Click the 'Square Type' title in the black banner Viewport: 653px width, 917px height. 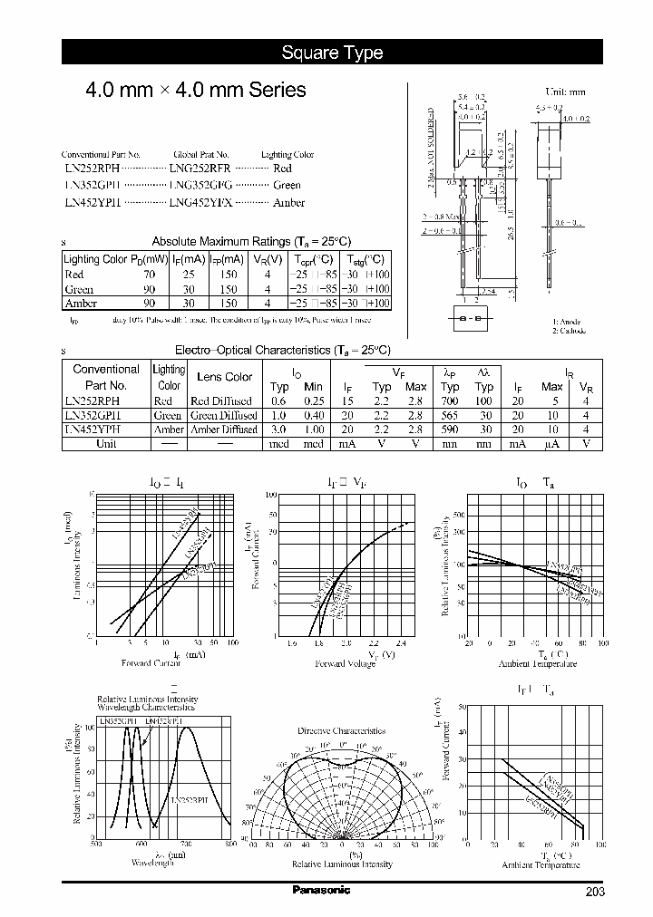[x=332, y=53]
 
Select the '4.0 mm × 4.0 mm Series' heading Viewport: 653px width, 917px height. [x=195, y=91]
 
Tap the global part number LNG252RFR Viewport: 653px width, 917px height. [x=200, y=168]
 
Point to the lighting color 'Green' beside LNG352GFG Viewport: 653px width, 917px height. [x=287, y=186]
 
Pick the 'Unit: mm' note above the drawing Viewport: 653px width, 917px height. [x=565, y=92]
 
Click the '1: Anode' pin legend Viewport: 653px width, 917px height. [x=570, y=322]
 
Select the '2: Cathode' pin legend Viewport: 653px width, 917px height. [x=571, y=332]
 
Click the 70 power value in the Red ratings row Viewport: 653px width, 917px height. [x=150, y=275]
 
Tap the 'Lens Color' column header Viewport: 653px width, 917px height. [x=224, y=377]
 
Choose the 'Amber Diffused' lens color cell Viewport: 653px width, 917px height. [x=224, y=430]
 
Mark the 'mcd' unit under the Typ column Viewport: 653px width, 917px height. [x=279, y=445]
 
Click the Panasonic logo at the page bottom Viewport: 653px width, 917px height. [x=320, y=890]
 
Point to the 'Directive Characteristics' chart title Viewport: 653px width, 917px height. [x=342, y=730]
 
